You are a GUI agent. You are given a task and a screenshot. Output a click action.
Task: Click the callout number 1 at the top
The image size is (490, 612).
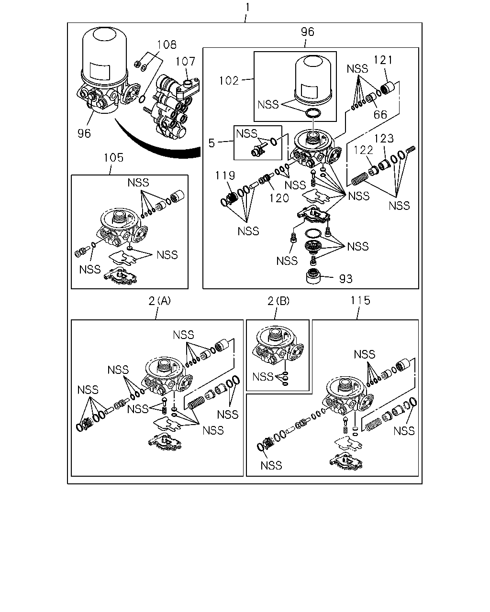[247, 7]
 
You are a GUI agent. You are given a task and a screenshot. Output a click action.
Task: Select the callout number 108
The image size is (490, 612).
[167, 44]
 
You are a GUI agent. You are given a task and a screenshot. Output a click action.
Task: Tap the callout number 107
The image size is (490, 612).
[185, 61]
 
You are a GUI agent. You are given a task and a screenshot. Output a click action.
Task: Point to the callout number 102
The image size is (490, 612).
[229, 81]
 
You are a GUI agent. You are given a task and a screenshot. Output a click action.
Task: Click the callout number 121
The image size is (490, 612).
[383, 60]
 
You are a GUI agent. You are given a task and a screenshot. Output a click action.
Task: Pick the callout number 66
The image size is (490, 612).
[380, 115]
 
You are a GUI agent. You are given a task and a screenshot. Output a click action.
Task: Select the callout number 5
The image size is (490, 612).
[212, 143]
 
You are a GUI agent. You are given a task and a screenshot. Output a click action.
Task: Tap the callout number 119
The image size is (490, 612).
[225, 175]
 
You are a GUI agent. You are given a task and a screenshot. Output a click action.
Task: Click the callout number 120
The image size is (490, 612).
[279, 198]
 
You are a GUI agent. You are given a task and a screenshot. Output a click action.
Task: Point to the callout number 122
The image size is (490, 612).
[363, 150]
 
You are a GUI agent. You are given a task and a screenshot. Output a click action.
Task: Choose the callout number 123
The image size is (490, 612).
[384, 139]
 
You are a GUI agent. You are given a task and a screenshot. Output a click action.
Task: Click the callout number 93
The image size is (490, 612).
[346, 279]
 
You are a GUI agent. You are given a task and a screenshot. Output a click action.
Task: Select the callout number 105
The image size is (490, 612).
[113, 158]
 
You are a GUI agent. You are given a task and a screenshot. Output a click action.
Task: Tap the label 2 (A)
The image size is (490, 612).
[159, 301]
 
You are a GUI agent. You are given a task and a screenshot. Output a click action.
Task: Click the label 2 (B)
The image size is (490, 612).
[278, 301]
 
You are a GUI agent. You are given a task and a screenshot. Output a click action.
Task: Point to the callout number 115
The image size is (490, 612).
[360, 300]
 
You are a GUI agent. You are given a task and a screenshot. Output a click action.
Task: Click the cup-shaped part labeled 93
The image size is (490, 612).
[313, 275]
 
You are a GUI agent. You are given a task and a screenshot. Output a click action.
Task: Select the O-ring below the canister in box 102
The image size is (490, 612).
[313, 113]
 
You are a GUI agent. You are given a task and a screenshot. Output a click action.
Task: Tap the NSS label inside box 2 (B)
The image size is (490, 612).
[263, 377]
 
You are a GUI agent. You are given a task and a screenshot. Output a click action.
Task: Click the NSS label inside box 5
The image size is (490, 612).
[246, 133]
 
